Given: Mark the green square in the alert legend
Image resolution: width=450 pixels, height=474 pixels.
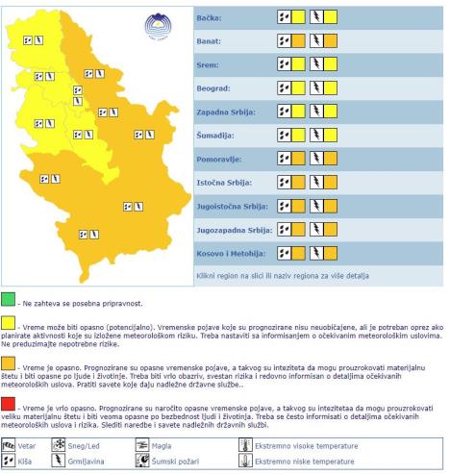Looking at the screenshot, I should [8, 303].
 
